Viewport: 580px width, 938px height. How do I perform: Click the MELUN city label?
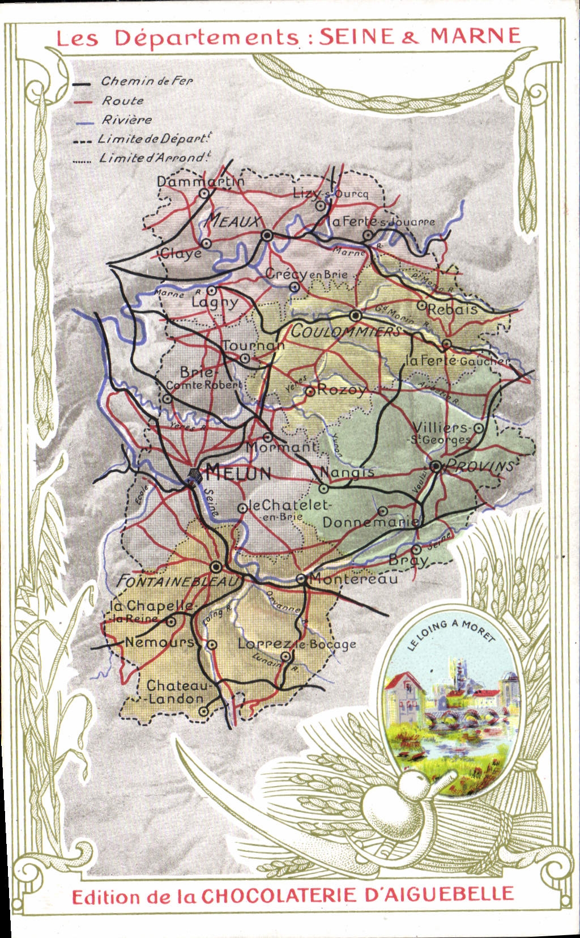click(x=238, y=472)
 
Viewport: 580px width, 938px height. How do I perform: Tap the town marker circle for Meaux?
click(x=267, y=235)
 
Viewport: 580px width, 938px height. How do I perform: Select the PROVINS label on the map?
click(x=480, y=466)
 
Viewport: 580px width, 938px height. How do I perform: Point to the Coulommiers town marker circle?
click(x=355, y=316)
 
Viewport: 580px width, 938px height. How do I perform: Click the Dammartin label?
click(x=201, y=181)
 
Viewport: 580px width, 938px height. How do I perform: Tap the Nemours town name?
click(x=159, y=642)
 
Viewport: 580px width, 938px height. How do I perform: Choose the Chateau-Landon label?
click(x=177, y=692)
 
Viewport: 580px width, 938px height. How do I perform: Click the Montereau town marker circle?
click(x=301, y=579)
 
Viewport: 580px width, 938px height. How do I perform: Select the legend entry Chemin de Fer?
click(x=147, y=81)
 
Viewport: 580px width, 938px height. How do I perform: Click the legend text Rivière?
click(x=127, y=120)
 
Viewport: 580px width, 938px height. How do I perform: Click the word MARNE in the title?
click(x=475, y=36)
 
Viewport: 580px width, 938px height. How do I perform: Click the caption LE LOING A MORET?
click(x=451, y=634)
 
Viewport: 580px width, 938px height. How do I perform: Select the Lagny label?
click(x=214, y=302)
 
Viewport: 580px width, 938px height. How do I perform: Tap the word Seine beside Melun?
click(x=211, y=502)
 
